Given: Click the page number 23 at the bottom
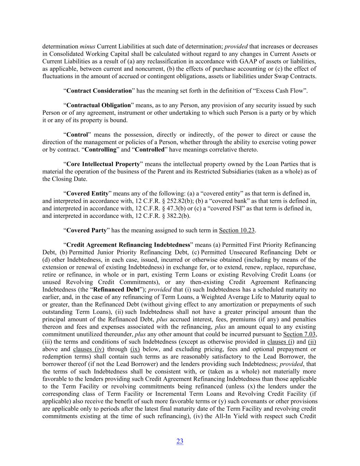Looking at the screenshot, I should [x=180, y=441].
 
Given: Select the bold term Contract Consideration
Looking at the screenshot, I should [x=99, y=91].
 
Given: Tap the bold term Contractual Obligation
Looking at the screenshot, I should [x=99, y=105].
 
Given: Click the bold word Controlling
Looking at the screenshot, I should [x=100, y=150].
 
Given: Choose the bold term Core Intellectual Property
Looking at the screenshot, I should [x=103, y=164].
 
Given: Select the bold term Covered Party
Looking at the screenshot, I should [x=86, y=230].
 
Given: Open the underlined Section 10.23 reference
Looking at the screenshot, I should [x=237, y=230].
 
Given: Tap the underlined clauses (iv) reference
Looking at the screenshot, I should [x=89, y=349].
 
